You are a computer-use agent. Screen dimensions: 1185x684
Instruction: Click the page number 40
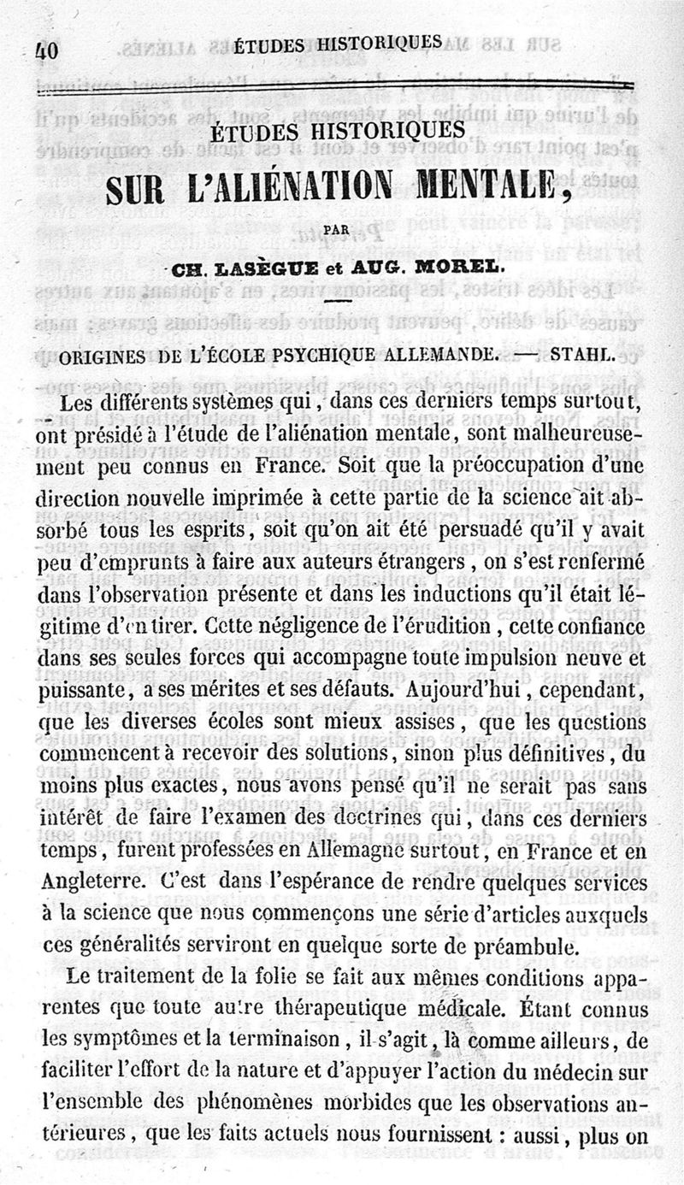coord(46,50)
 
